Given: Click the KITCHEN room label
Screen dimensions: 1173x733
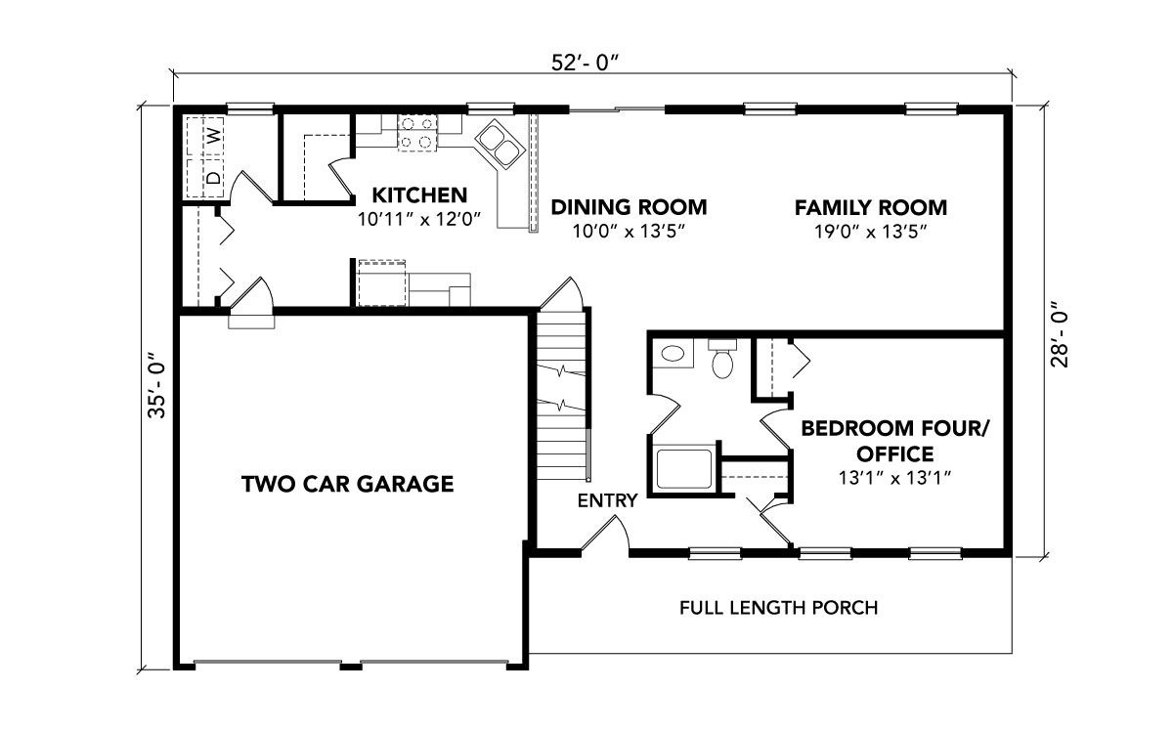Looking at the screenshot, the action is click(419, 195).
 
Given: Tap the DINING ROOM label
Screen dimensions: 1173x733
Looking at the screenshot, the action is click(629, 207).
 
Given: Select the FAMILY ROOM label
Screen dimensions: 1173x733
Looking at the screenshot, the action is click(871, 208).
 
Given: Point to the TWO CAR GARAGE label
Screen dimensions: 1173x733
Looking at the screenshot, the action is click(348, 484).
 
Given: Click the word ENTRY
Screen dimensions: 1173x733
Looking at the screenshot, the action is click(607, 501).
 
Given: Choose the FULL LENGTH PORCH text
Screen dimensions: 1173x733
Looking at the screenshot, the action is click(779, 608).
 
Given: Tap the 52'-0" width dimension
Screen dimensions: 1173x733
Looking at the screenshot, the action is click(586, 64).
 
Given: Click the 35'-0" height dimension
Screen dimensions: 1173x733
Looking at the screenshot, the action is click(157, 385).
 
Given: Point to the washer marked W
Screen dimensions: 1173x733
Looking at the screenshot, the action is click(205, 136).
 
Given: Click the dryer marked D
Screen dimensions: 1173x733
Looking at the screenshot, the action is click(205, 178).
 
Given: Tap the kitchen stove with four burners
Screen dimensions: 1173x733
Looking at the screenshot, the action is click(416, 133).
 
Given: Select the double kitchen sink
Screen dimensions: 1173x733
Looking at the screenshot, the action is click(500, 145).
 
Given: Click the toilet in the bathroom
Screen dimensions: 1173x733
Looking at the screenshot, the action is click(722, 358).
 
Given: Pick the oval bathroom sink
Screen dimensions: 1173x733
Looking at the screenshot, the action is click(673, 354).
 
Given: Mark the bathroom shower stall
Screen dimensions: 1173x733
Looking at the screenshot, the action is click(684, 468).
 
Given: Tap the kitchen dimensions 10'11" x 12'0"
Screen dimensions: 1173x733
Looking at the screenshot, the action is click(419, 219).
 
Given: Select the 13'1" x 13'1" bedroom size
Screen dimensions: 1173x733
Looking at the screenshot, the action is click(894, 478).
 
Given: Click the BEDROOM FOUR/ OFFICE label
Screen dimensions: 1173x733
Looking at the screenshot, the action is click(894, 442).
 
